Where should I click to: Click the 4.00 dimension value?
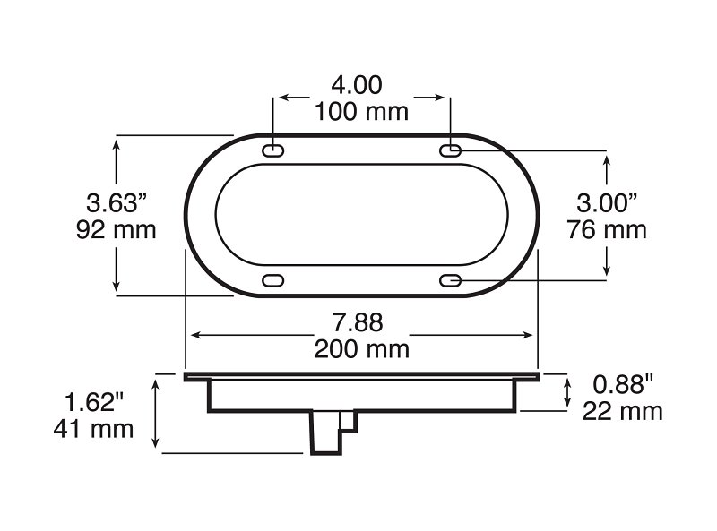357,85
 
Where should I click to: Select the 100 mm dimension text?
361,112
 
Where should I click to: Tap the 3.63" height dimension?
117,203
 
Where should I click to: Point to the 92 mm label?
117,229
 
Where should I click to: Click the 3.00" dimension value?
607,203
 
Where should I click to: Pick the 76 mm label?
607,229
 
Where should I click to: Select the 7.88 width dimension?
357,322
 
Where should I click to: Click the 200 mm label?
361,349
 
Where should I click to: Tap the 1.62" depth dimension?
94,403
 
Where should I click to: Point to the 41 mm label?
93,429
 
